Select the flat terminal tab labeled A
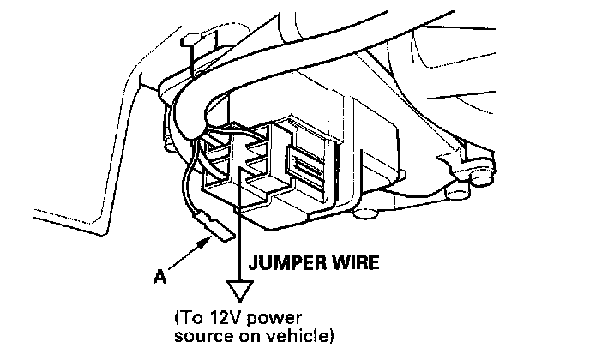point(219,230)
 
